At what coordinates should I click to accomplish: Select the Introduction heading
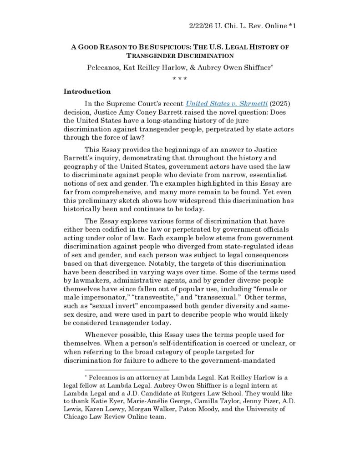87,91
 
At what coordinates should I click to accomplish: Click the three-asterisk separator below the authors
180,78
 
